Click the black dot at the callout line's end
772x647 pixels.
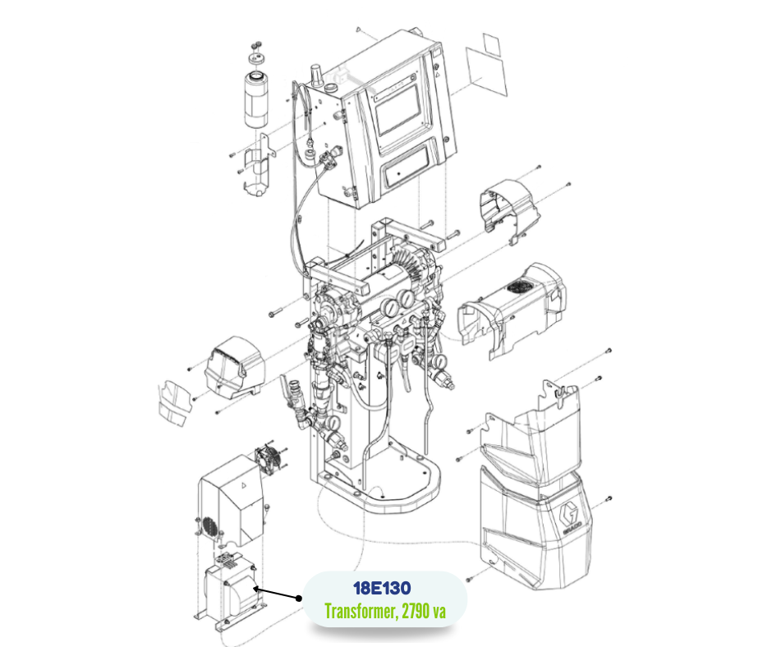pos(257,589)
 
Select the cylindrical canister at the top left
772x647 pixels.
pos(258,101)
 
